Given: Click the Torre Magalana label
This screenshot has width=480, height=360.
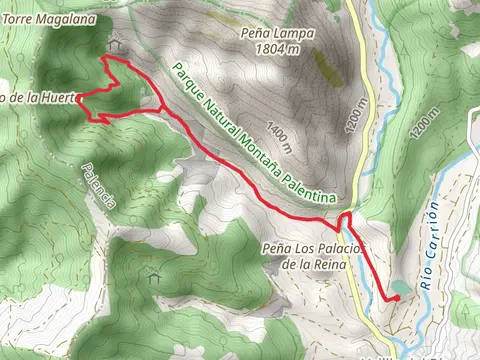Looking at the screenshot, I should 48,19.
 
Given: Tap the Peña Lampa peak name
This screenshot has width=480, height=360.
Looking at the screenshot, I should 278,32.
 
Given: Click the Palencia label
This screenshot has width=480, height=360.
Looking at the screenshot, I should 100,187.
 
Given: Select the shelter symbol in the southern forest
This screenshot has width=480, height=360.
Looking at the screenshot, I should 153,275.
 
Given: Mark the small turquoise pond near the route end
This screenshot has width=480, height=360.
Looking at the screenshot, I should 400,287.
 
